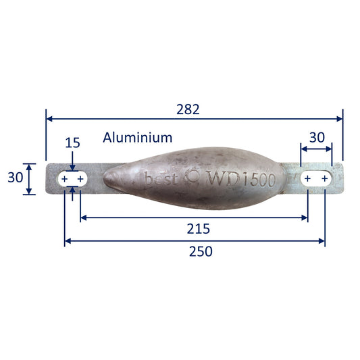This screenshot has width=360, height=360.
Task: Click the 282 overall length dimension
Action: tap(188, 109)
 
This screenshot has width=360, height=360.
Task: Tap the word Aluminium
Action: tap(138, 138)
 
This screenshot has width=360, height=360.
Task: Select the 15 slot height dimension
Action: tap(72, 143)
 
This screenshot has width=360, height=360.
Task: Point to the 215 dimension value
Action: tap(199, 229)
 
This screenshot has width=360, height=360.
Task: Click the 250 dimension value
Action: tap(201, 251)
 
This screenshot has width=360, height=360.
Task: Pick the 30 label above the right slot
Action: tap(317, 138)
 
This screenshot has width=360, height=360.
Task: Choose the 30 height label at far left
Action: tap(16, 178)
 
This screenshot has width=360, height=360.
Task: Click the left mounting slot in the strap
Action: tap(72, 179)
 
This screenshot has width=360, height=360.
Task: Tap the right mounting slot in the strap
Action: tap(316, 178)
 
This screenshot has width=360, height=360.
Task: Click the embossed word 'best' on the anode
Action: tap(161, 178)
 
